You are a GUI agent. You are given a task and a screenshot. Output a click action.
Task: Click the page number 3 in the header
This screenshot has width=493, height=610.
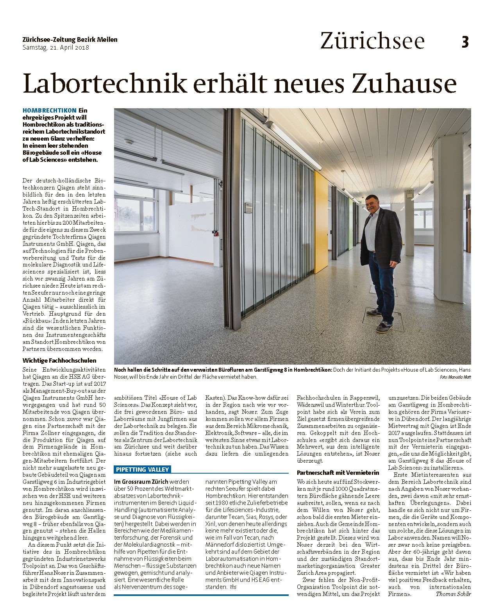pyautogui.click(x=464, y=42)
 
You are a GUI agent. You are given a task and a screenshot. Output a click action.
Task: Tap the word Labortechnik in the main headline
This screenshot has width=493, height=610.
pyautogui.click(x=104, y=83)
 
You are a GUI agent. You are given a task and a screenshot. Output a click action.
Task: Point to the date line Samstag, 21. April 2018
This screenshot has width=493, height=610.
pyautogui.click(x=56, y=48)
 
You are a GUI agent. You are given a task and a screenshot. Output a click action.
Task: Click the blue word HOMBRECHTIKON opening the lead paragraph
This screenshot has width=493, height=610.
pyautogui.click(x=49, y=111)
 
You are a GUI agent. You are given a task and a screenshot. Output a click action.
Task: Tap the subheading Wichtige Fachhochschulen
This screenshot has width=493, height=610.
pyautogui.click(x=59, y=360)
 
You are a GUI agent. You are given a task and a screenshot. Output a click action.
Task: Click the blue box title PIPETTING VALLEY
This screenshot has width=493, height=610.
pyautogui.click(x=142, y=469)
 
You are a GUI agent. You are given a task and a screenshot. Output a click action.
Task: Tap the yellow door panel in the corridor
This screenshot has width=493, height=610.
pyautogui.click(x=321, y=223)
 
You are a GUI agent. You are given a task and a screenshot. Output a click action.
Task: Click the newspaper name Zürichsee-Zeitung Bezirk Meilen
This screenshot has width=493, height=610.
pyautogui.click(x=70, y=40)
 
